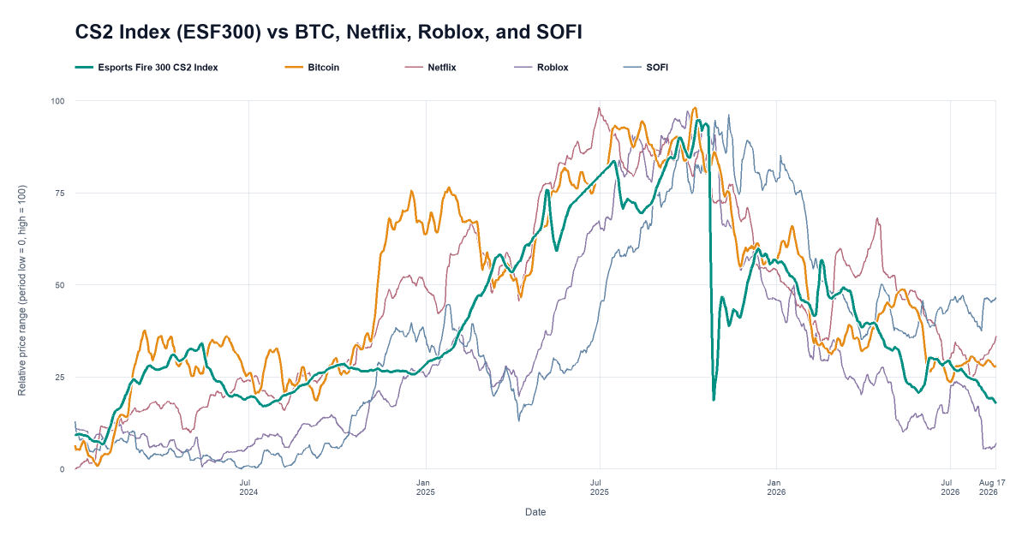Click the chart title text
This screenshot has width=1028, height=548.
[x=329, y=32]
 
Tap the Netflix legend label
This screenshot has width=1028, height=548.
[x=441, y=68]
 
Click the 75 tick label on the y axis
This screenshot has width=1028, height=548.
[x=60, y=193]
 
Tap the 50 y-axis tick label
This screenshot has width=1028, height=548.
[x=60, y=285]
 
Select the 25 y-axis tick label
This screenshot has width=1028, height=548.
[x=60, y=378]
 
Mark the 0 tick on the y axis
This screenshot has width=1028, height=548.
[x=62, y=469]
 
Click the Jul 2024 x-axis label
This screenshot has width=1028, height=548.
[x=248, y=487]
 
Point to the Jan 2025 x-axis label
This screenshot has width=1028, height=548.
[x=426, y=487]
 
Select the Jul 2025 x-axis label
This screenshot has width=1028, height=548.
[x=599, y=487]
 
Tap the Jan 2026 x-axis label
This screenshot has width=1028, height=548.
[x=776, y=487]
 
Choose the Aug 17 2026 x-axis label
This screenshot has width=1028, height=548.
[x=992, y=487]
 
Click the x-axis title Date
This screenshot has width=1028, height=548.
[x=535, y=512]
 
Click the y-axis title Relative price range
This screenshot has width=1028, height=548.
[x=22, y=290]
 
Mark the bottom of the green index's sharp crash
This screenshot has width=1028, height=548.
[x=714, y=400]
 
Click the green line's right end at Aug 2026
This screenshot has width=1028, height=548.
[x=995, y=402]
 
